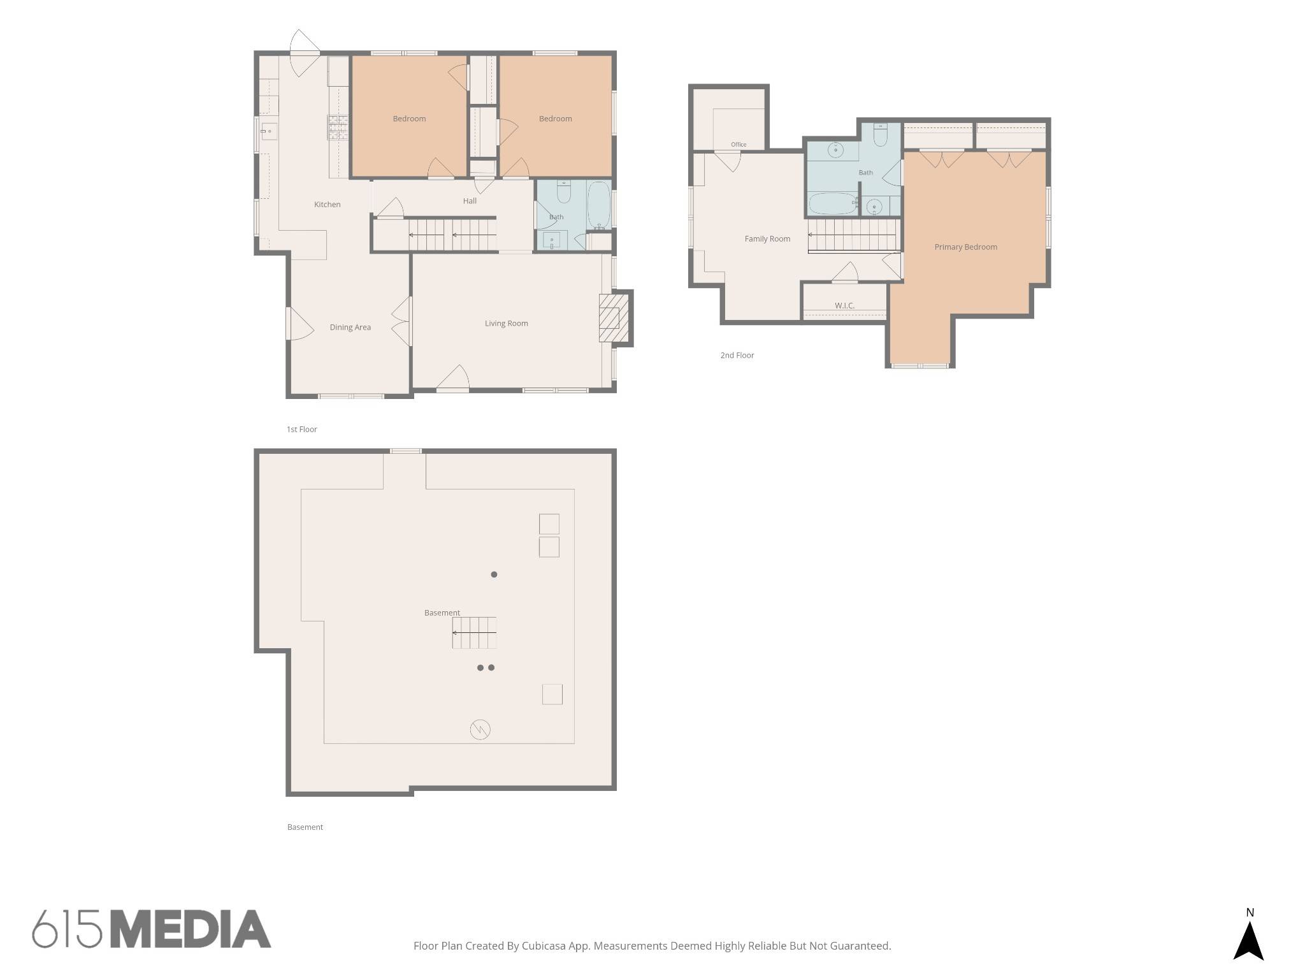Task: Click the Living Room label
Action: tap(506, 323)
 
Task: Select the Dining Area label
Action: tap(350, 328)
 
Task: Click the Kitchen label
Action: tap(327, 205)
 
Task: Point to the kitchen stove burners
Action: tap(338, 127)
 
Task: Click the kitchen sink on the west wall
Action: tap(269, 132)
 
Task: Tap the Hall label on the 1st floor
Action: tap(470, 201)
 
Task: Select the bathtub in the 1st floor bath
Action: tap(599, 205)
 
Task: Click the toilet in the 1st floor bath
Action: tap(564, 191)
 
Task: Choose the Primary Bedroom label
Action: tap(965, 247)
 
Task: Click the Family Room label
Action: tap(767, 238)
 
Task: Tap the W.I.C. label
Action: tap(844, 305)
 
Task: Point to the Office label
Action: tap(739, 145)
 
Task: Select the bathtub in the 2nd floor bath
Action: tap(833, 203)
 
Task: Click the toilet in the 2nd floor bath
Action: tap(880, 134)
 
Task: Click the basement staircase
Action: tap(474, 633)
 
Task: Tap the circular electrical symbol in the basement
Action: tap(480, 729)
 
